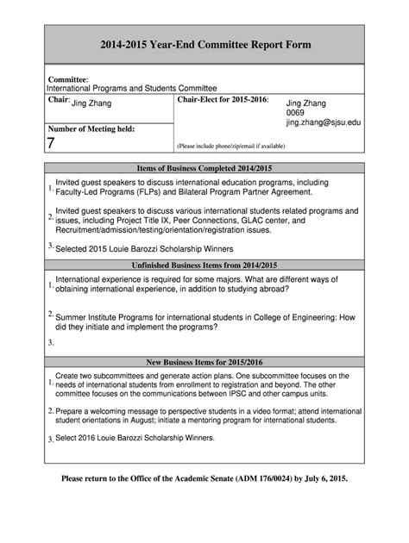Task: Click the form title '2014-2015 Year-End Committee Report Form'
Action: coord(204,45)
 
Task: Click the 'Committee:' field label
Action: coord(68,79)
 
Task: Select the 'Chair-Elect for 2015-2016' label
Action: coord(223,101)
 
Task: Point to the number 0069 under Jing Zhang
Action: coord(296,113)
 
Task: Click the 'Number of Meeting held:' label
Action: coord(91,128)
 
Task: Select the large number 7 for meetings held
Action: coord(52,143)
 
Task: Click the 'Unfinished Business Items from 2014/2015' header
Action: coord(204,265)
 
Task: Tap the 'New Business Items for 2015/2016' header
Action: coord(204,362)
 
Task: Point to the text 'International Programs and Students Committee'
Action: coord(131,89)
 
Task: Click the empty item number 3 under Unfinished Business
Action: coord(51,342)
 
